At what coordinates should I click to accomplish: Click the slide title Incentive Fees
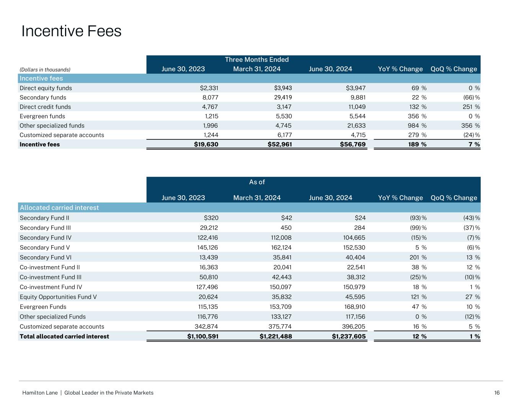coord(72,31)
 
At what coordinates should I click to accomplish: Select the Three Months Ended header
coord(257,60)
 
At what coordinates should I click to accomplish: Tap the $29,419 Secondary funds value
coord(281,97)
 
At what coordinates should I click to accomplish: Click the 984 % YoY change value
coord(416,126)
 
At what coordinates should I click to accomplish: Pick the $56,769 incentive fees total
coord(353,144)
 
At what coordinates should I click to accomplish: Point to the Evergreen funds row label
coord(42,116)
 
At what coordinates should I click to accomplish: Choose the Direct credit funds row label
coord(45,107)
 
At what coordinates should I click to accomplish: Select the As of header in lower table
coord(257,182)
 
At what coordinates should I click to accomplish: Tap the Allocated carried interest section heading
coord(59,208)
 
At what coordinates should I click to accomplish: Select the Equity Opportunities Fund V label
coord(58,297)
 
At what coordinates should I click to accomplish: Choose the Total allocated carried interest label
coord(64,337)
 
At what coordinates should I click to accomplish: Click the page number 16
coord(497,393)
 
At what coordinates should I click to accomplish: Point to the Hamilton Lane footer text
coord(88,393)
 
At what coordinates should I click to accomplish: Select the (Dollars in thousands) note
coord(45,70)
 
